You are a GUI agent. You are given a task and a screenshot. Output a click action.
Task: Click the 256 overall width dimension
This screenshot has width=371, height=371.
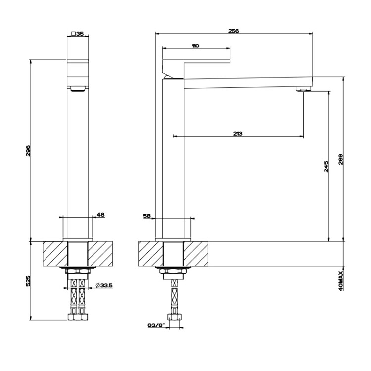tap(233, 31)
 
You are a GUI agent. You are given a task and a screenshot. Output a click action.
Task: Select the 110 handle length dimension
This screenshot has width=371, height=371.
tap(195, 46)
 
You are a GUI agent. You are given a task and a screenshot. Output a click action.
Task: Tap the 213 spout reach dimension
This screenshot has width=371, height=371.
tap(238, 134)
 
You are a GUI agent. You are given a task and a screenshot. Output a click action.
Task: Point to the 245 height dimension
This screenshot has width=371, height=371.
tap(326, 166)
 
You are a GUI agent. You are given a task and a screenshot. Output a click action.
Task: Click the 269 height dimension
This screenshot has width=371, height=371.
tap(340, 159)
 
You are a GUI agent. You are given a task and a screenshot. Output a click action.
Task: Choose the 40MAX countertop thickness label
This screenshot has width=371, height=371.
tap(341, 281)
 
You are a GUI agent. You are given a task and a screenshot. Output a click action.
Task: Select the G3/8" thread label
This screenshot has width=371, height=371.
tap(156, 325)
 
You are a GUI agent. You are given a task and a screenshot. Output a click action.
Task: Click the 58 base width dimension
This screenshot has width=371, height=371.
tap(147, 216)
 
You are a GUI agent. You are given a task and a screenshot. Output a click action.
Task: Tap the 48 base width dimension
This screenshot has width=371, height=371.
tap(101, 215)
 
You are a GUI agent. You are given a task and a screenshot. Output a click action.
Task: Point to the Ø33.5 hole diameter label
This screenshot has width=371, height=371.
tap(104, 285)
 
